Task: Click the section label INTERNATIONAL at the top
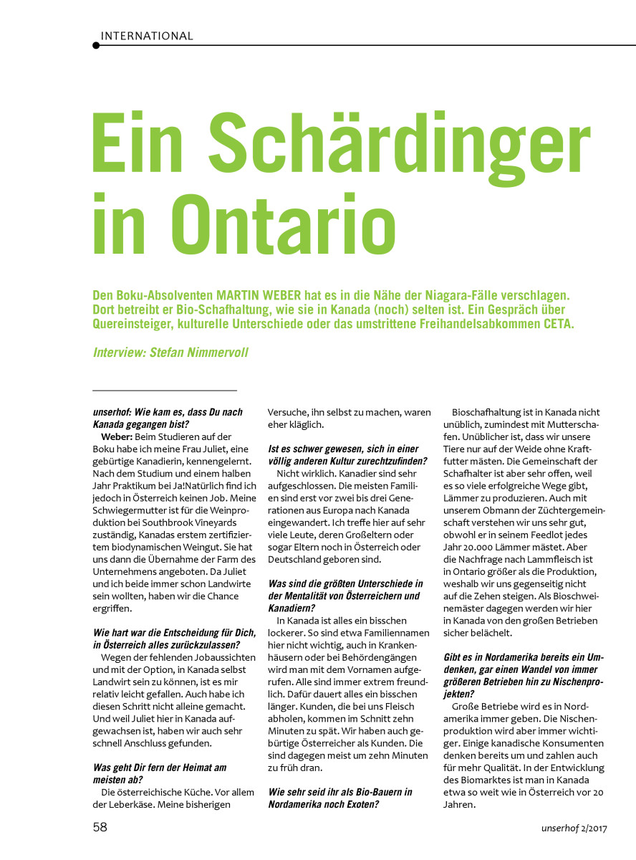[x=147, y=36]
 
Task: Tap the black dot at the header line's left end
[x=96, y=45]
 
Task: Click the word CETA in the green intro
[x=554, y=323]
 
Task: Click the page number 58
[x=100, y=827]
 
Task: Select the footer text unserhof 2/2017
[x=574, y=828]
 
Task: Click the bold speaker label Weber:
[x=119, y=436]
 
